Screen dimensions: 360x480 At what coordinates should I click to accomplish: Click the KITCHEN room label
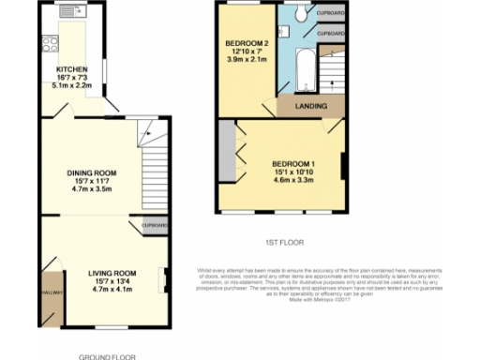[x=71, y=69]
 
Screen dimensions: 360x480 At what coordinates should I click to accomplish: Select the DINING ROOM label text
[x=91, y=173]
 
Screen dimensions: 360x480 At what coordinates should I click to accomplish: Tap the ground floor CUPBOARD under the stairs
[x=155, y=226]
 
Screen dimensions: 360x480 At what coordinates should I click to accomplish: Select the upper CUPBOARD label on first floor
[x=330, y=12]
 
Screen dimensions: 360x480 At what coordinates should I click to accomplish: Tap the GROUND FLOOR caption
[x=106, y=356]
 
